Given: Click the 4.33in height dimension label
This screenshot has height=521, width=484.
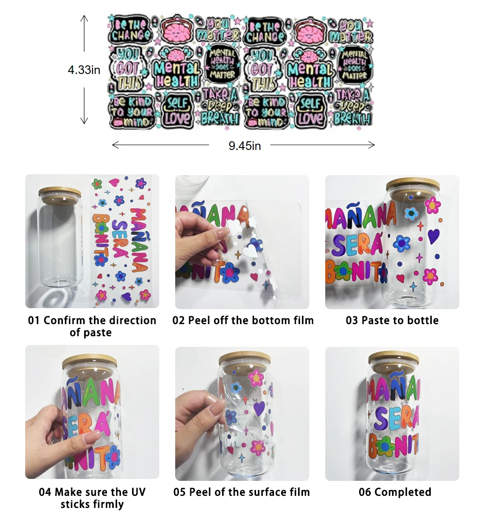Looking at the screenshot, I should tap(84, 70).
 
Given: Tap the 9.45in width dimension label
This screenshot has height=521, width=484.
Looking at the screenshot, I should tap(244, 146).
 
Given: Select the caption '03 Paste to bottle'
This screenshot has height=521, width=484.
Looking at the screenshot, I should tap(392, 320).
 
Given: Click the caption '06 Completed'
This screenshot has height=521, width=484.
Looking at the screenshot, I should tap(395, 492).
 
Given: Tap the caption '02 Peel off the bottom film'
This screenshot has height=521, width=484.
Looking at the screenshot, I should tap(243, 320).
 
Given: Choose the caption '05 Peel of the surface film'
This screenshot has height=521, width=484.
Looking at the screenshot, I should tap(242, 492).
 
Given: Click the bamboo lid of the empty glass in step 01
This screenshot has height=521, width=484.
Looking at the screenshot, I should tap(60, 192).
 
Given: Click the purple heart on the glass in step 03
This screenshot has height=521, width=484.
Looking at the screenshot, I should tap(433, 236).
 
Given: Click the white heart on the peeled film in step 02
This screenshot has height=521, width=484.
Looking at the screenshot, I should tap(250, 251).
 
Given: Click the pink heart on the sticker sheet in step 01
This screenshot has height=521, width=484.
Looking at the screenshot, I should tap(114, 182).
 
